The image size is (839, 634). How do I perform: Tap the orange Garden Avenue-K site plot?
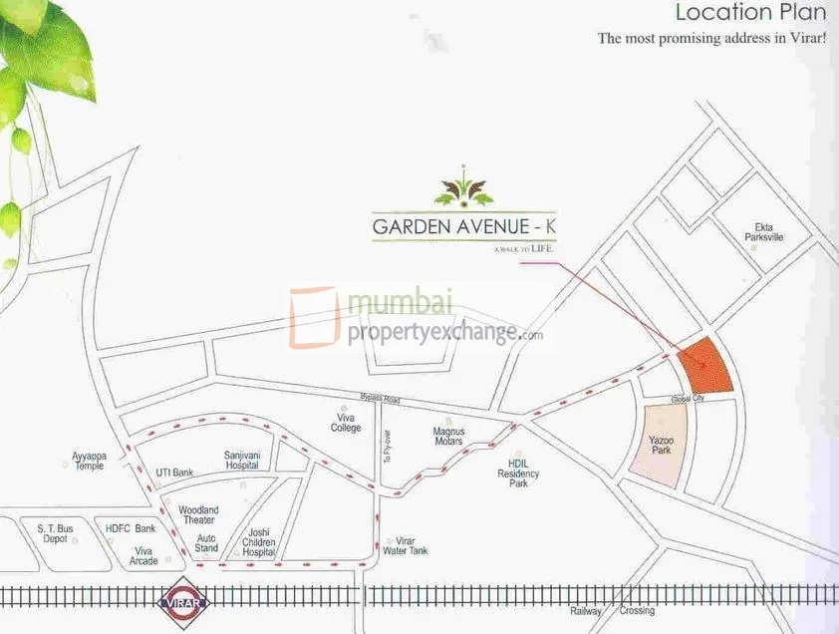(x=704, y=366)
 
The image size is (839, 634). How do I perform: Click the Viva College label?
(x=346, y=422)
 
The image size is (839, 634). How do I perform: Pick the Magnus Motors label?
(x=449, y=437)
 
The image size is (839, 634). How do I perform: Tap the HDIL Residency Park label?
(x=518, y=474)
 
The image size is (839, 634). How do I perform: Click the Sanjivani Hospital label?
(x=241, y=459)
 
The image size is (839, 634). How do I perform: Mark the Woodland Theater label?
(x=197, y=514)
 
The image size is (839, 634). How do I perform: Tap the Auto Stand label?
(x=206, y=543)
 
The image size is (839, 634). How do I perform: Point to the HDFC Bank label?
(x=131, y=528)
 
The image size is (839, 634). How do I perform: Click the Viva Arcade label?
(x=144, y=555)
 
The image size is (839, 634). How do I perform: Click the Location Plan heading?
(x=750, y=13)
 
